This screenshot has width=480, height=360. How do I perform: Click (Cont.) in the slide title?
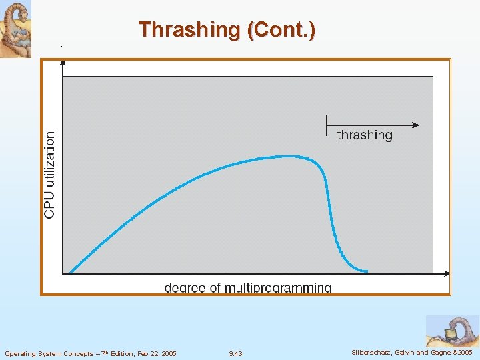coord(281,30)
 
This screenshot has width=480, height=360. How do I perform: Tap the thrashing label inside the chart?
coord(365,135)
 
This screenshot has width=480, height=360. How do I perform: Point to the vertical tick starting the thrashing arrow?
coord(326,125)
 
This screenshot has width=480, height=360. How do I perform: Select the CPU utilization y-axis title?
coord(50,174)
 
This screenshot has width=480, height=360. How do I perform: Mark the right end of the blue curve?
coord(366,271)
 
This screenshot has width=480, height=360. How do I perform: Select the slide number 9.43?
coord(235,353)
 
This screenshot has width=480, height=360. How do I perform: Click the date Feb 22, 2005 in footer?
coord(154,353)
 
